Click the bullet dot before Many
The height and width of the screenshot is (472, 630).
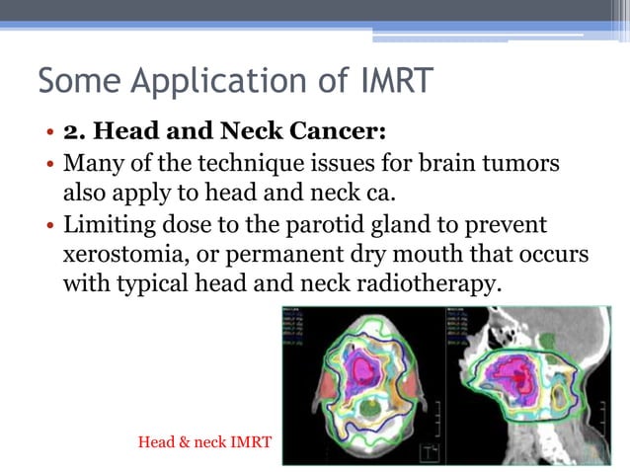click(48, 163)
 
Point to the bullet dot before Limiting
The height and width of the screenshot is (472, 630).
click(48, 226)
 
